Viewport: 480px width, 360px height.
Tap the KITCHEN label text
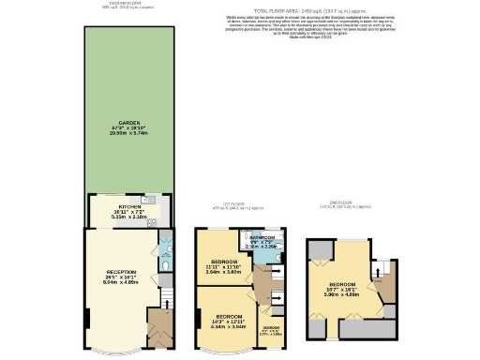[x=128, y=205]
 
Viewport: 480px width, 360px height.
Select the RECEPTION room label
[x=122, y=271]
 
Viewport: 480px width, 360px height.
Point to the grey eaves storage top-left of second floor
[x=319, y=247]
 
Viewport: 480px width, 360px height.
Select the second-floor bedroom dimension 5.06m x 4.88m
[x=342, y=293]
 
